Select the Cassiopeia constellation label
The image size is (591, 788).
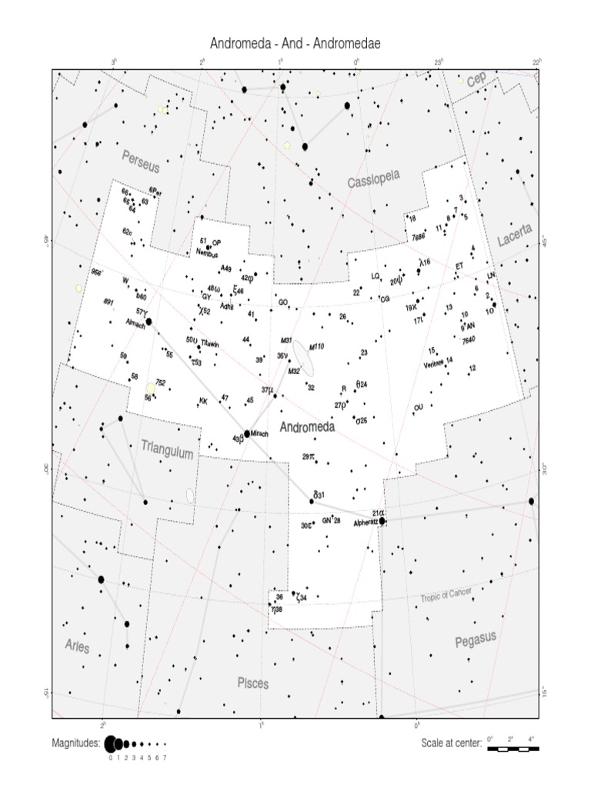pyautogui.click(x=374, y=180)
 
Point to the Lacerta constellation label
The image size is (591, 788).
pyautogui.click(x=514, y=235)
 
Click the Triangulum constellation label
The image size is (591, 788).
pyautogui.click(x=166, y=449)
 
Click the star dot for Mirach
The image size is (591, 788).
pyautogui.click(x=247, y=433)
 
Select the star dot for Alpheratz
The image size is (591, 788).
pyautogui.click(x=382, y=521)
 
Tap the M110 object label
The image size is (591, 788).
pyautogui.click(x=316, y=347)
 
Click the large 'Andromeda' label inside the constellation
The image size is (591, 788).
pyautogui.click(x=307, y=427)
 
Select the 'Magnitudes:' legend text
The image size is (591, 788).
pyautogui.click(x=75, y=743)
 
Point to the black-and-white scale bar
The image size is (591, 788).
pyautogui.click(x=513, y=747)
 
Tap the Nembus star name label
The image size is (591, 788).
pyautogui.click(x=207, y=254)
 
